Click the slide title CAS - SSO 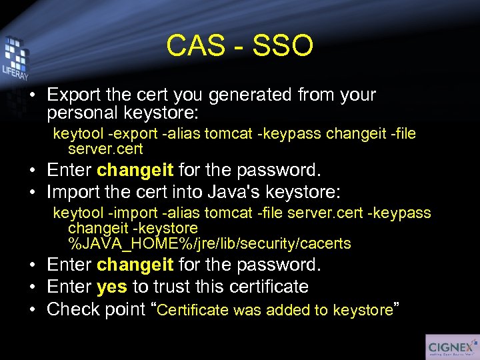point(239,46)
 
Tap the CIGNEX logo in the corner point(451,347)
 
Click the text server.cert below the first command point(105,149)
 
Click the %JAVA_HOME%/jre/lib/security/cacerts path point(209,243)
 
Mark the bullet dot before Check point point(33,309)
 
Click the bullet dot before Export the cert point(33,96)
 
